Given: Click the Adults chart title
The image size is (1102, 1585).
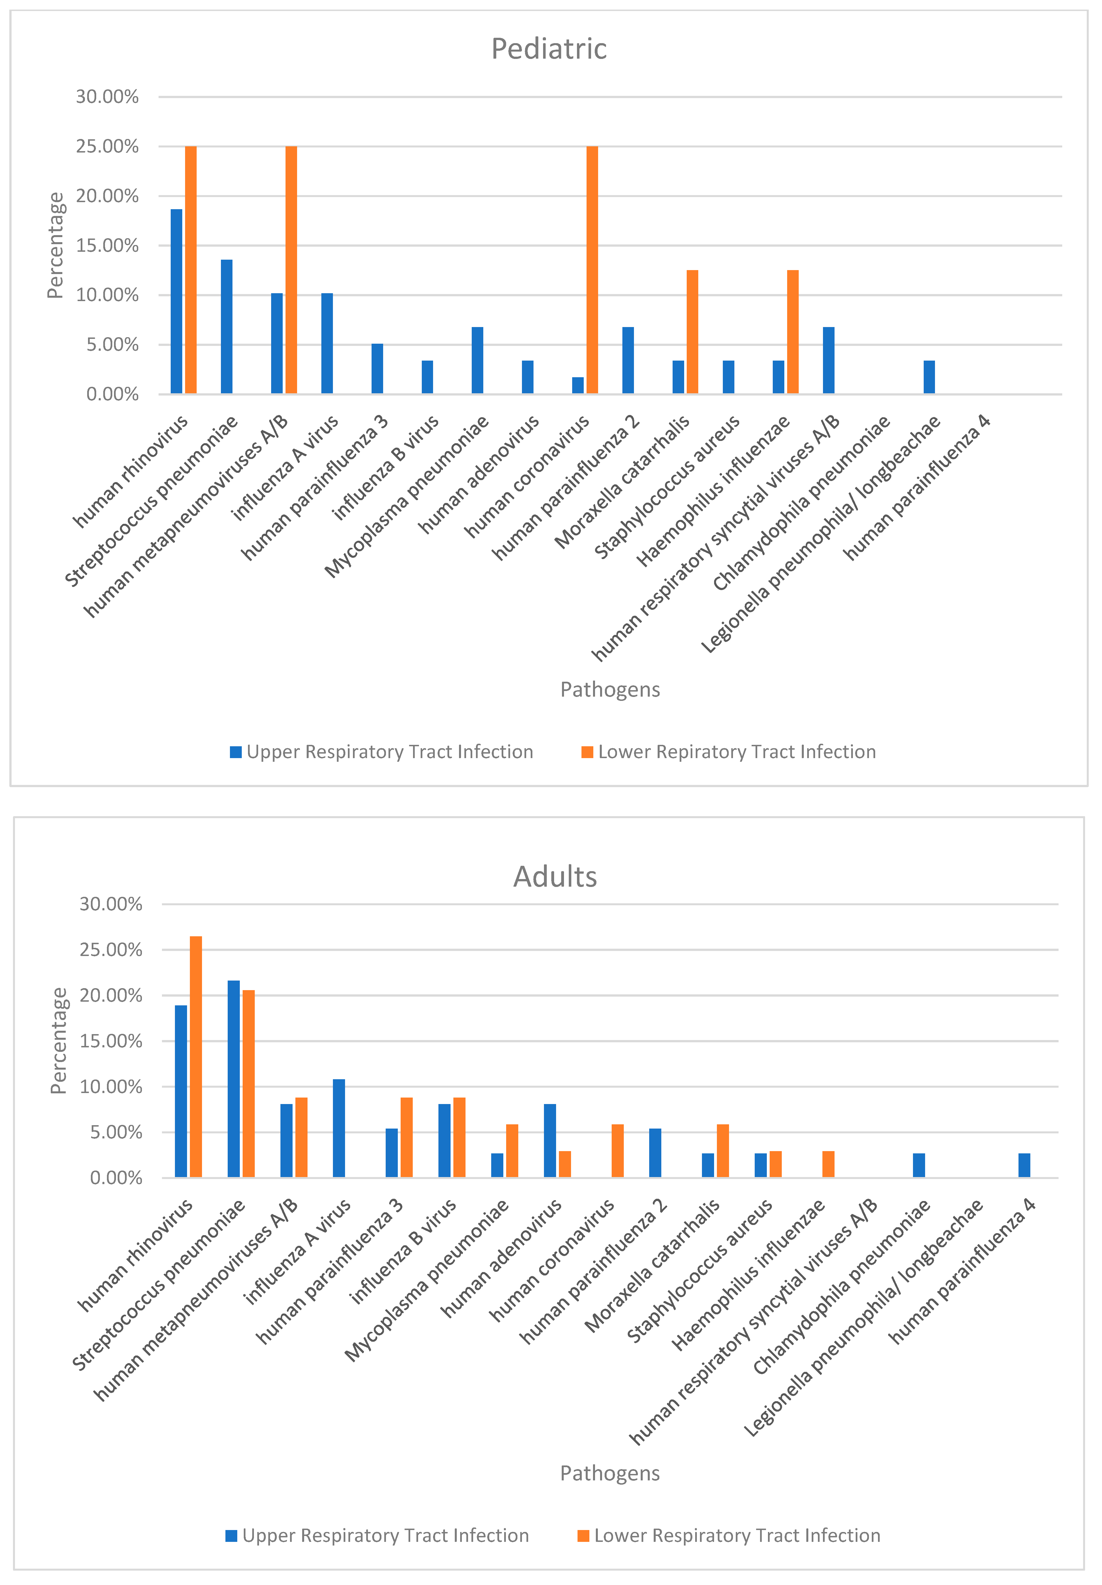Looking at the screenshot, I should click(x=555, y=876).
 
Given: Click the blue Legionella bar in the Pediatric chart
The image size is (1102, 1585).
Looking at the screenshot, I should click(x=929, y=377).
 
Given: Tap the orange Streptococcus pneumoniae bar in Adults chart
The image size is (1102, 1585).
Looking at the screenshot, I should click(x=249, y=1083).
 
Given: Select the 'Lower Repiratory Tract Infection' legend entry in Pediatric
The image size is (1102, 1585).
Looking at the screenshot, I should click(x=728, y=751).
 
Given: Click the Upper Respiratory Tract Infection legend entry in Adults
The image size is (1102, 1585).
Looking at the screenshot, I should click(x=378, y=1535).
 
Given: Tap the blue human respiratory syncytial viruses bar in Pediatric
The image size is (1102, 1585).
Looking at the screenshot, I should click(x=829, y=360).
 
